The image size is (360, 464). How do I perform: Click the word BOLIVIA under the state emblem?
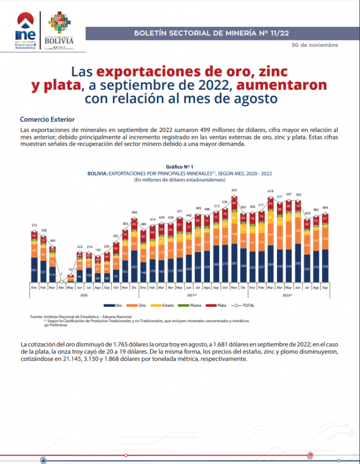[x=60, y=40]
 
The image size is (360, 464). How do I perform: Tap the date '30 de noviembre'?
[x=315, y=45]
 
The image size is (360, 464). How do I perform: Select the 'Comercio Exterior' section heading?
[x=47, y=120]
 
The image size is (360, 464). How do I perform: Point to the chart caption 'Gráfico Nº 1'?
[x=179, y=167]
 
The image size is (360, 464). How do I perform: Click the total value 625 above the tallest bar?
[x=234, y=190]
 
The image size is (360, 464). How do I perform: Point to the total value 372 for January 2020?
[x=34, y=225]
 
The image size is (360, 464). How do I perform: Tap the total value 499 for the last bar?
[x=325, y=209]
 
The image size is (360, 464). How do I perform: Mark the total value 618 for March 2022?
[x=271, y=191]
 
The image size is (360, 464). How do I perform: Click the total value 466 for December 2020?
[x=135, y=212]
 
